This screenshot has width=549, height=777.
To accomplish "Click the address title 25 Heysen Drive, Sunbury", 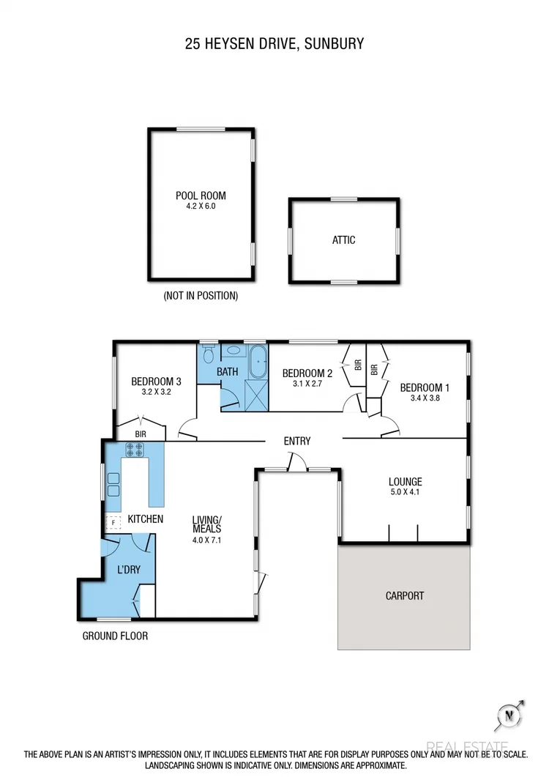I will coord(274,44).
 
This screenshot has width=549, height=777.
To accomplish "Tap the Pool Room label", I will coord(201,196).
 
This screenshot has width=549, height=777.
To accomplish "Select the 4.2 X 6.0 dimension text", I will coord(201,207).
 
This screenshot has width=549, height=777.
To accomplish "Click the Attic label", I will coord(344,239).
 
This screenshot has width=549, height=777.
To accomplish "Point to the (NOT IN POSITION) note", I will coord(201,297).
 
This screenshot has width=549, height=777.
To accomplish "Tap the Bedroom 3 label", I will coord(156,382).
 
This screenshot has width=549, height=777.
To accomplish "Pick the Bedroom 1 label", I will coord(425,387).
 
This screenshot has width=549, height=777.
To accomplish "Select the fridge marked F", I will coord(113,523).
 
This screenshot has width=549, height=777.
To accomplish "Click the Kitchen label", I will coord(145,519).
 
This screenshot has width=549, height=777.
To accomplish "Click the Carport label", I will coord(404,595).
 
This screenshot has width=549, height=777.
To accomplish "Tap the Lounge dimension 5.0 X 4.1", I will coord(405,493).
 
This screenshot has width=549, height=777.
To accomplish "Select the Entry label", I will coord(297,441).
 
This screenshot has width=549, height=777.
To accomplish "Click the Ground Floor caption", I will coord(115,636).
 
